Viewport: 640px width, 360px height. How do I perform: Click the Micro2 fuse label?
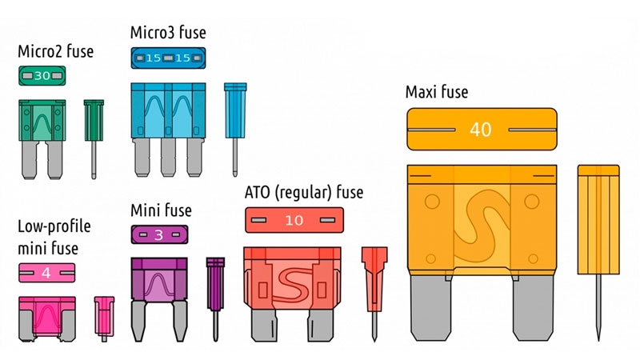click(x=55, y=52)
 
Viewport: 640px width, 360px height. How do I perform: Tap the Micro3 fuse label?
click(x=168, y=33)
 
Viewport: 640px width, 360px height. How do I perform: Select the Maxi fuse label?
click(x=436, y=92)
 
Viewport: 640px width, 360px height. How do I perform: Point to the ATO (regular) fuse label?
click(x=303, y=193)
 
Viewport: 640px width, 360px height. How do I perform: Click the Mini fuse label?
click(x=161, y=211)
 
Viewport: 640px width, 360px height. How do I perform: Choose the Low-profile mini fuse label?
click(x=54, y=238)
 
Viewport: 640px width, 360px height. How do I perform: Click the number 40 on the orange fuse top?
click(x=480, y=130)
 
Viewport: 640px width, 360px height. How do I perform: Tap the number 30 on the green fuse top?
click(x=43, y=76)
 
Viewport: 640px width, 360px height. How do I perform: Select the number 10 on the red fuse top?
click(x=294, y=220)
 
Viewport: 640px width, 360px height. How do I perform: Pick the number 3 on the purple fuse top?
click(x=158, y=235)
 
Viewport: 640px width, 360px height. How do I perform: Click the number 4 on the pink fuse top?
click(x=46, y=273)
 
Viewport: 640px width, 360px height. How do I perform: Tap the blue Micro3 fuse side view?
click(x=235, y=128)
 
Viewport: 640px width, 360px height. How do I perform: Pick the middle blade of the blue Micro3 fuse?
click(x=168, y=157)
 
